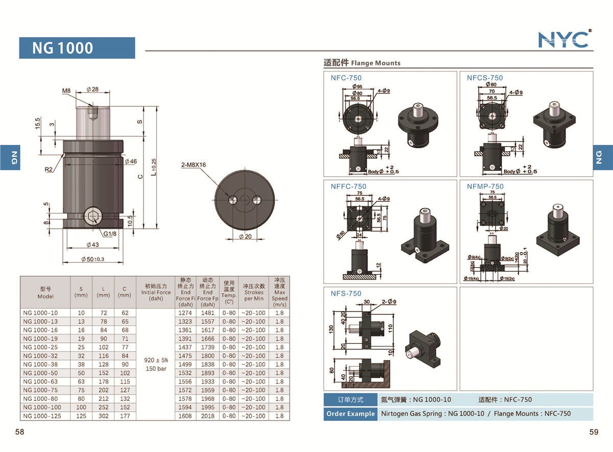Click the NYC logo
pyautogui.click(x=564, y=39)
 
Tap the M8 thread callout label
pyautogui.click(x=66, y=91)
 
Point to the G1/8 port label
pyautogui.click(x=110, y=234)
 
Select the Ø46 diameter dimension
pyautogui.click(x=131, y=161)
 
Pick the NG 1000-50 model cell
pyautogui.click(x=40, y=373)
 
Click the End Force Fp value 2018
pyautogui.click(x=207, y=416)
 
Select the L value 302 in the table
pyautogui.click(x=103, y=416)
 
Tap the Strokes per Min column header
pyautogui.click(x=253, y=293)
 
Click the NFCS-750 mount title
pyautogui.click(x=484, y=78)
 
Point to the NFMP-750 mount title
pyautogui.click(x=485, y=186)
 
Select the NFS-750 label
pyautogui.click(x=346, y=293)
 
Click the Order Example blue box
pyautogui.click(x=350, y=414)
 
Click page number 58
pyautogui.click(x=20, y=432)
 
